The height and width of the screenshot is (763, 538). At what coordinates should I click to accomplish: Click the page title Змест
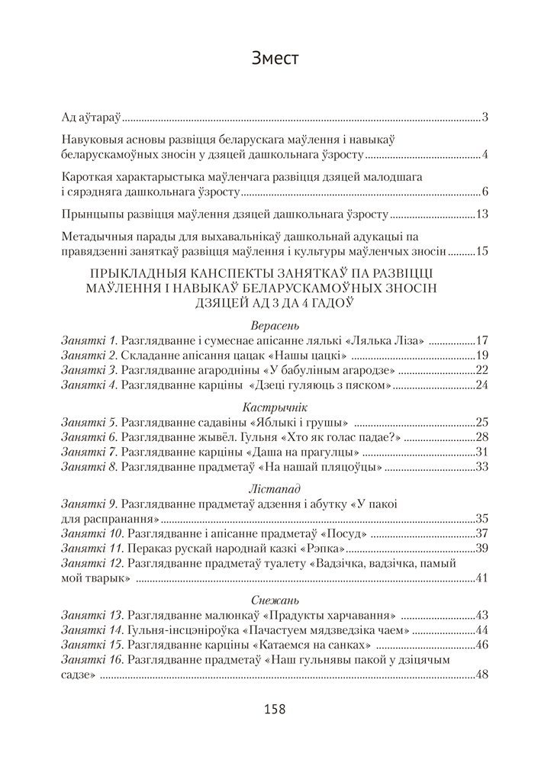click(269, 58)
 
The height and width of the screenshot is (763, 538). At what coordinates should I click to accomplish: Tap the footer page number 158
click(269, 709)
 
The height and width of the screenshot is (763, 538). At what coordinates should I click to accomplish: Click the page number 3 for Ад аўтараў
click(485, 118)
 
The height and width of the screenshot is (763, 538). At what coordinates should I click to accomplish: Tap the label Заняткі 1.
click(89, 340)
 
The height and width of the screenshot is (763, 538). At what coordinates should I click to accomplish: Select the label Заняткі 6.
click(89, 437)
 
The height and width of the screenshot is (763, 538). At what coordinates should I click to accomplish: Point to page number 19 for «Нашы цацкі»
click(482, 356)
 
